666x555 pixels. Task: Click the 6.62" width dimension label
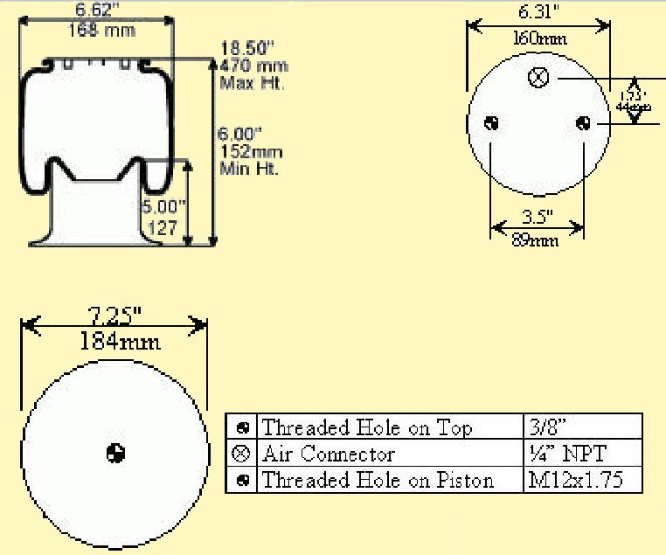tap(96, 10)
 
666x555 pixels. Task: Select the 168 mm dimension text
tap(96, 30)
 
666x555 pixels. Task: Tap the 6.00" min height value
tap(239, 135)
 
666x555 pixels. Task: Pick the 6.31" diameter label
tap(538, 12)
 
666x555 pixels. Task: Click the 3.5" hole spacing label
tap(537, 215)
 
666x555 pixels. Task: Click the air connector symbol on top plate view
tap(539, 79)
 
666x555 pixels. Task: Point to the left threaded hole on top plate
tap(492, 123)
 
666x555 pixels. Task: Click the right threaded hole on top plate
tap(583, 123)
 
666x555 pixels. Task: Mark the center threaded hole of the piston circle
tap(115, 453)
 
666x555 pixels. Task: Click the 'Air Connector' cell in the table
tap(329, 454)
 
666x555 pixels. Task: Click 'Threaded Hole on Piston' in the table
tap(378, 480)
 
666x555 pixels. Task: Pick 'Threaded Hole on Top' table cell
tap(367, 427)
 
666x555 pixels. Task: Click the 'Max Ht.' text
tap(253, 84)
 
